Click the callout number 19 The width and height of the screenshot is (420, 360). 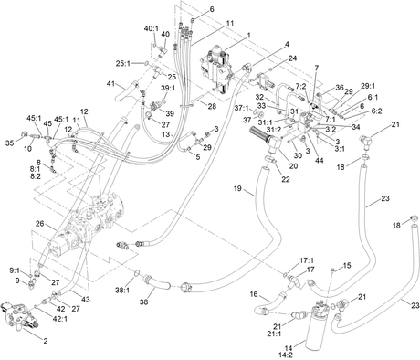click(237, 188)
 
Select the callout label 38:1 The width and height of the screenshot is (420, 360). click(122, 291)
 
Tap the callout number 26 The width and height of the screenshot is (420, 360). click(39, 224)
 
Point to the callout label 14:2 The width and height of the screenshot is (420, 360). click(285, 355)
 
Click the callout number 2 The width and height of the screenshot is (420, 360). click(46, 341)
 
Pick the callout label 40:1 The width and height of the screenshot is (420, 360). click(152, 28)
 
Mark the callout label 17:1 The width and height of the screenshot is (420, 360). click(307, 260)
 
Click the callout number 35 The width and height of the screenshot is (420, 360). click(10, 143)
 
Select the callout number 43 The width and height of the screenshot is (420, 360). click(86, 300)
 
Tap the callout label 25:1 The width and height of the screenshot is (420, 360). click(123, 64)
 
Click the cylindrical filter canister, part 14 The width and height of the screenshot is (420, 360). click(318, 326)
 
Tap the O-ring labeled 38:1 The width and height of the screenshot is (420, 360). click(137, 272)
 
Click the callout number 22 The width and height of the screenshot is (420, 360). click(285, 179)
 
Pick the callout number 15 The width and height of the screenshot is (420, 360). click(347, 266)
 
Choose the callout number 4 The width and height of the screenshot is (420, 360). click(287, 45)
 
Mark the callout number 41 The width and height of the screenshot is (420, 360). click(110, 83)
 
